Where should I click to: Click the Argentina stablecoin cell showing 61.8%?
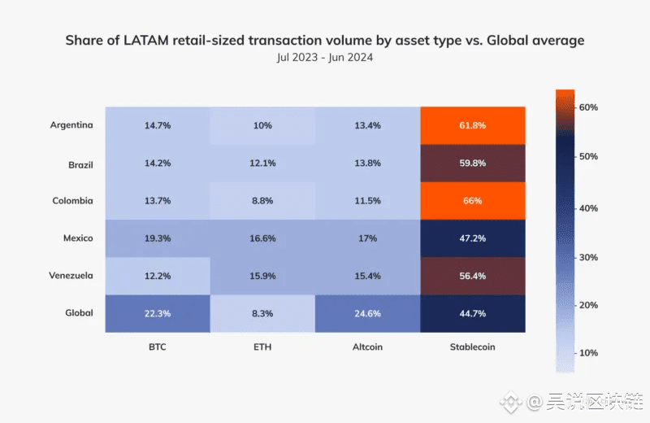(x=473, y=126)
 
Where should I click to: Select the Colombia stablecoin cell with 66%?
(x=473, y=201)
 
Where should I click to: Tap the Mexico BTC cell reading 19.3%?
(x=158, y=238)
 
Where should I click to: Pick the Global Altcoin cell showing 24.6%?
(x=368, y=313)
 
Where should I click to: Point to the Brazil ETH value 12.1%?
(x=262, y=164)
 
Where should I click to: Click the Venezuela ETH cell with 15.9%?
(x=262, y=276)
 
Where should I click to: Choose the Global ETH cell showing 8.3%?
(x=262, y=313)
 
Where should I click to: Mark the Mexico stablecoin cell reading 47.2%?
(x=473, y=238)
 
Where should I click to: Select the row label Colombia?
(x=72, y=200)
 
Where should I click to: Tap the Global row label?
(x=79, y=312)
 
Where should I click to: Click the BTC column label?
(x=158, y=347)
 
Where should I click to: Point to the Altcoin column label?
(x=367, y=347)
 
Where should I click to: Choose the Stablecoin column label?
(x=473, y=347)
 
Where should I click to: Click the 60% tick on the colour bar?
(x=588, y=107)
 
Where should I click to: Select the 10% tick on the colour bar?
(x=588, y=353)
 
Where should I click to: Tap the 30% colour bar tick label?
(x=588, y=257)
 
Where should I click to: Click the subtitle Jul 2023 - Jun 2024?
(x=325, y=58)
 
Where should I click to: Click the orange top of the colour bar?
(x=565, y=97)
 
